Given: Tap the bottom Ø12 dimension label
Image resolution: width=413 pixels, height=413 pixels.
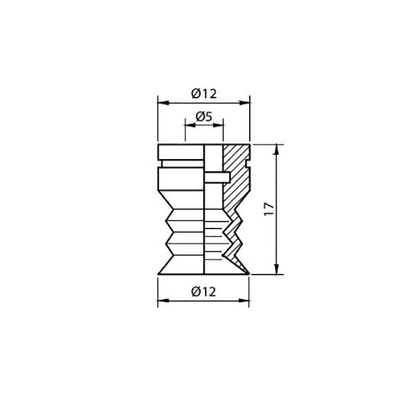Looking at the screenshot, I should click(204, 292).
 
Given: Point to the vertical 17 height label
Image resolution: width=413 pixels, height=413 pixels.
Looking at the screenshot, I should click(269, 209).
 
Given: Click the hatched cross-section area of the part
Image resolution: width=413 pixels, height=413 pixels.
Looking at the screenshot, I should click(237, 172).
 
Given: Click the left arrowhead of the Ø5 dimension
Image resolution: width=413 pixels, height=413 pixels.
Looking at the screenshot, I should click(188, 125).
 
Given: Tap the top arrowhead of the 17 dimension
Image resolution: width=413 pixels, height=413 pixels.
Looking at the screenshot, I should click(277, 147).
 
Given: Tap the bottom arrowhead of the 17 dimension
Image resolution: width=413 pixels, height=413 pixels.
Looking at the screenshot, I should click(277, 271).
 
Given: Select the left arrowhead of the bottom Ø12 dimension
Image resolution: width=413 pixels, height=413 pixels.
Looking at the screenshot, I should click(161, 301).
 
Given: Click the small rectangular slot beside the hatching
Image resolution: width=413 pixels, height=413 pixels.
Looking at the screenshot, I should click(217, 178).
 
